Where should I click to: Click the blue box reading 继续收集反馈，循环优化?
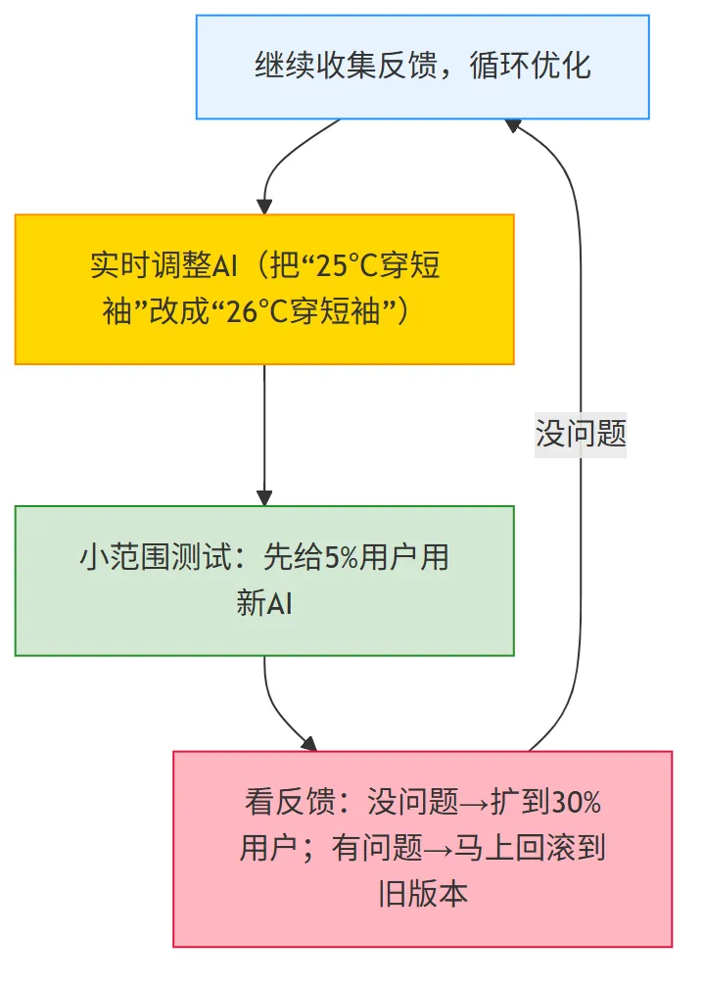pos(422,68)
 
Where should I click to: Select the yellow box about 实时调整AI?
pos(264,289)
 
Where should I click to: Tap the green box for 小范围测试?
pos(264,581)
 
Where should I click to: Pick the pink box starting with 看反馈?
pos(422,849)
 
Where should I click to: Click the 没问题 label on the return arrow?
pos(581,434)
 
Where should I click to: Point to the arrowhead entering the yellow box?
pos(264,207)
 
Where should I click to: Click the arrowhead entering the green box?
pos(264,497)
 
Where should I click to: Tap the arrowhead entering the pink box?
pos(308,743)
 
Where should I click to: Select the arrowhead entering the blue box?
pos(513,125)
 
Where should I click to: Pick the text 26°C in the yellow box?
pos(257,311)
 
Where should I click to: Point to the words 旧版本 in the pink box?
pos(422,894)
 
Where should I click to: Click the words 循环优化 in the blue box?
pos(530,66)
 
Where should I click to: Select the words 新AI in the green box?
pos(264,603)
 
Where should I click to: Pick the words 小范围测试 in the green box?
pos(156,557)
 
